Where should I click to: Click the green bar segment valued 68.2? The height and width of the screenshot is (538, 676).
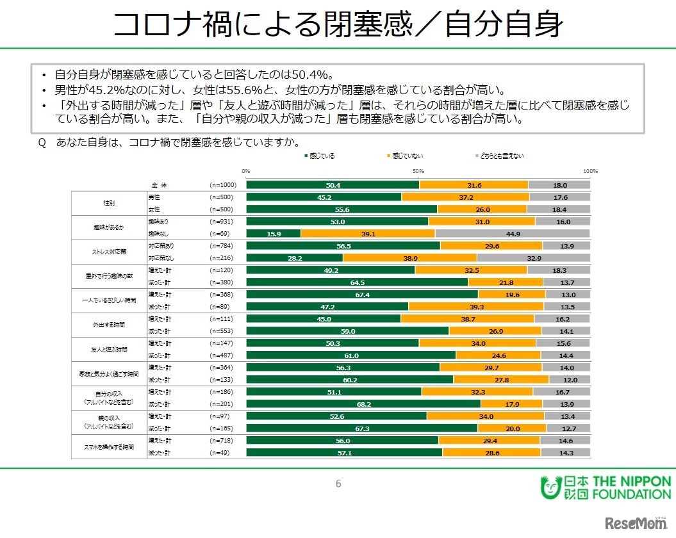363,403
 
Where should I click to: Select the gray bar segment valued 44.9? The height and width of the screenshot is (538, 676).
513,234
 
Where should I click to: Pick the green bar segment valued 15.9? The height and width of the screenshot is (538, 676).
274,234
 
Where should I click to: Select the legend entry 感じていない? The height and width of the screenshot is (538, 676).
407,156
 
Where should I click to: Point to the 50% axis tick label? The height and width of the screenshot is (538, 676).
418,171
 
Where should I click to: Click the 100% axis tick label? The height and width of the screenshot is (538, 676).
589,171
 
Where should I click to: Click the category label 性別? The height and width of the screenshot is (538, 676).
110,203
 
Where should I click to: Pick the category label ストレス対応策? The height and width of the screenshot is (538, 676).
110,251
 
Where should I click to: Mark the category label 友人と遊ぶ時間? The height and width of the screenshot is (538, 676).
110,348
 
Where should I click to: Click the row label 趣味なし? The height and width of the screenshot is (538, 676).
158,234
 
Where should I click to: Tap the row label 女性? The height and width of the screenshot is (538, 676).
154,209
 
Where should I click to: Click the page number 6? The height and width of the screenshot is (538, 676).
338,484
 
